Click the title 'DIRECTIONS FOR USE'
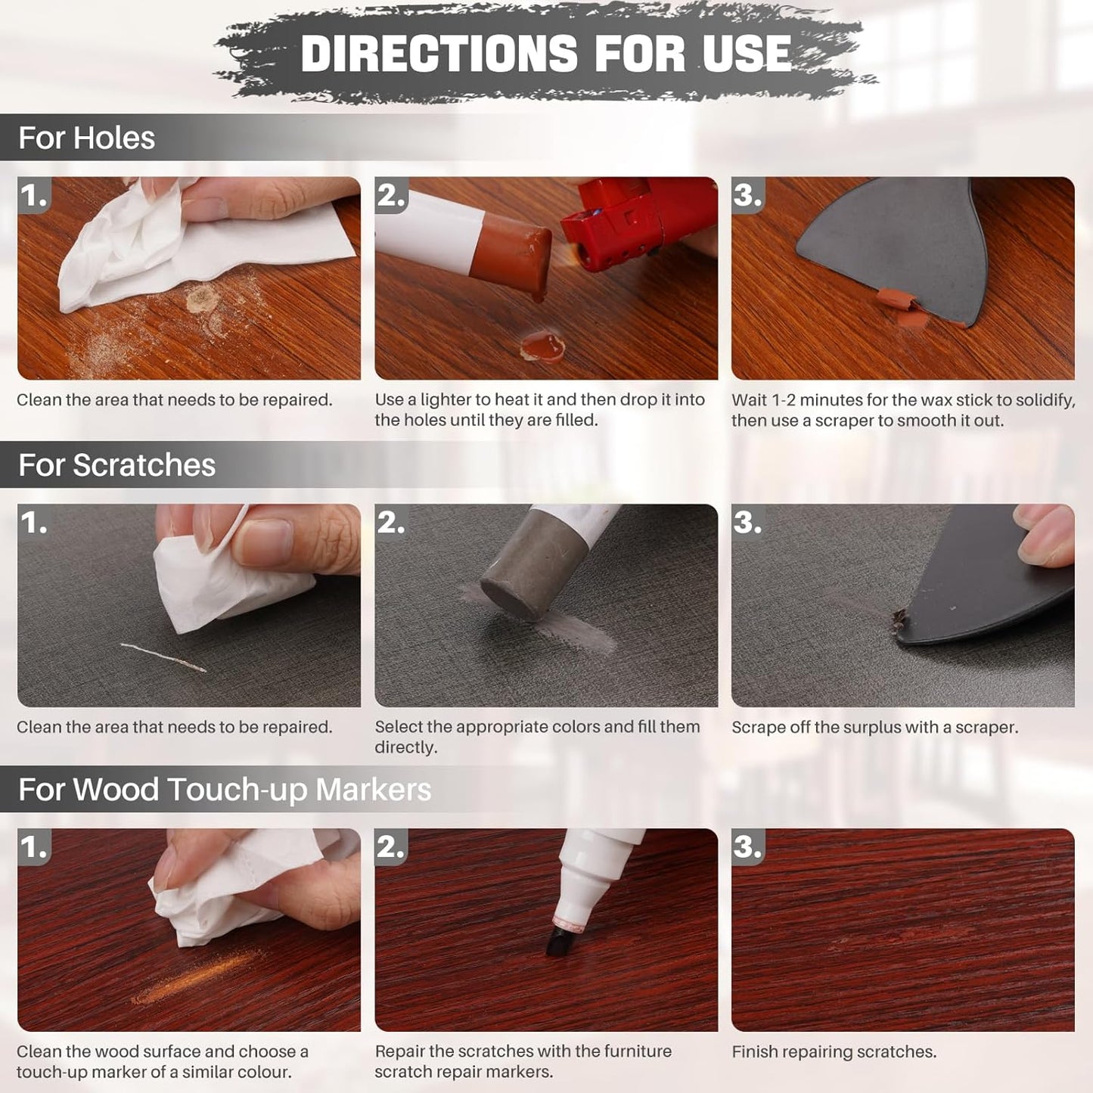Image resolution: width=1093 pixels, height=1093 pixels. [545, 54]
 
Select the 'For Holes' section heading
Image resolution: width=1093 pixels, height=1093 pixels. [86, 138]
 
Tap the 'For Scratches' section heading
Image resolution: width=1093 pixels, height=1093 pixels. [116, 465]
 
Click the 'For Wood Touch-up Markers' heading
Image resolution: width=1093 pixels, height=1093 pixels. [225, 790]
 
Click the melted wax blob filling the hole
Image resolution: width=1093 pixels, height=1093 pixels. [542, 345]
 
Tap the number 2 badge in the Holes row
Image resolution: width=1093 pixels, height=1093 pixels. [391, 196]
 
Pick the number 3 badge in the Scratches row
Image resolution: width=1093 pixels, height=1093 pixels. [747, 523]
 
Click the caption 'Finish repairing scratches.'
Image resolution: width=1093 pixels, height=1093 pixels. [834, 1051]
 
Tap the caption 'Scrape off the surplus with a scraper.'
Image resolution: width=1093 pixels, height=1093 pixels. [874, 727]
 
